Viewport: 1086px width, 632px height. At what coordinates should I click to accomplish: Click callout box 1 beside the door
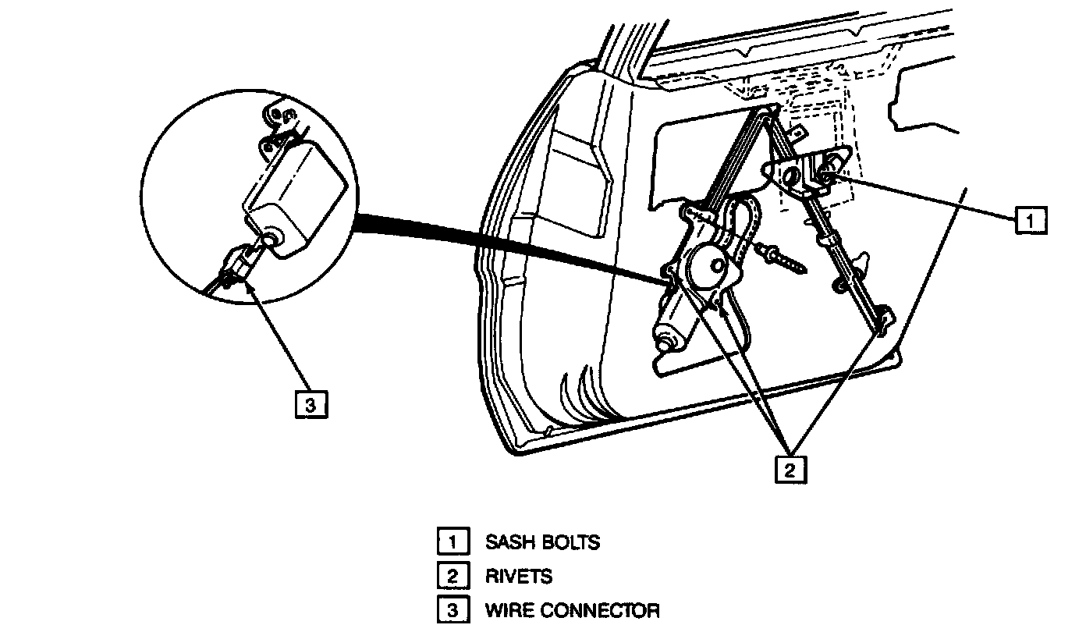[1030, 221]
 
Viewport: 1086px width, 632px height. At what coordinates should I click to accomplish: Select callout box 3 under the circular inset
[311, 405]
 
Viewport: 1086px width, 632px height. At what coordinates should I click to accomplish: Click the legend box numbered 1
[452, 541]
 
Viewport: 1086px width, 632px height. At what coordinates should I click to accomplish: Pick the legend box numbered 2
[452, 577]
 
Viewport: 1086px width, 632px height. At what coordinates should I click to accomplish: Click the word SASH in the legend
[509, 541]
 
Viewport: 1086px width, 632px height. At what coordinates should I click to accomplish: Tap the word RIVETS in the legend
[519, 577]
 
